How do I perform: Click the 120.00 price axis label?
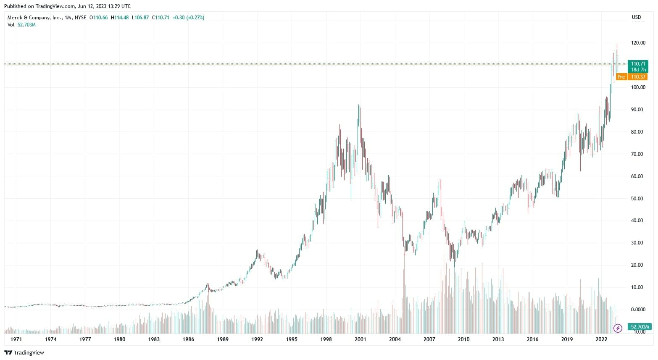[638, 43]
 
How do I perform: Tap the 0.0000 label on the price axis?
[638, 310]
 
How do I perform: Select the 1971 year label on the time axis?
[16, 339]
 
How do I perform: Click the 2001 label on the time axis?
[360, 339]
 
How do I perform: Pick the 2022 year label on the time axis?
[601, 339]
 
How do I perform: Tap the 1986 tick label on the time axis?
[188, 339]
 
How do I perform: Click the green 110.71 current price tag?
[638, 64]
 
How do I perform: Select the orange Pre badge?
[621, 77]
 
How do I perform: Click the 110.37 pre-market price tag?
[638, 77]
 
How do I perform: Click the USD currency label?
[636, 18]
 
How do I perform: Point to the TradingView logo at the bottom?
[24, 352]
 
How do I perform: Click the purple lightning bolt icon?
[618, 328]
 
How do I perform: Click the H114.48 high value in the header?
[119, 18]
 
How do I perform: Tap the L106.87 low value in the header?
[140, 18]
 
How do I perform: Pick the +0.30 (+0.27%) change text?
[188, 18]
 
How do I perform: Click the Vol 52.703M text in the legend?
[21, 25]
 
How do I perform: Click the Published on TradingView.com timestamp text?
[67, 6]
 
